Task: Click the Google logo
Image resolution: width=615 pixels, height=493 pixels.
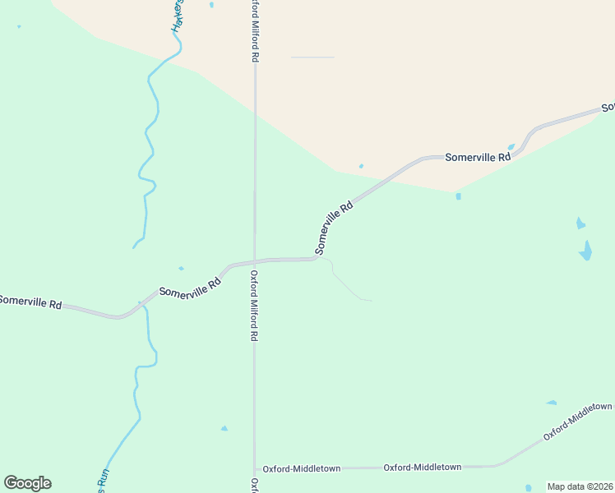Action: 28,483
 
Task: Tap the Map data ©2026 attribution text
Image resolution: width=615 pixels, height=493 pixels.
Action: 580,486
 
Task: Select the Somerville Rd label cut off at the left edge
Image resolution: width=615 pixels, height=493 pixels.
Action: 30,302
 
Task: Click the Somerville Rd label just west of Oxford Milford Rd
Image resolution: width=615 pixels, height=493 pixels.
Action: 191,287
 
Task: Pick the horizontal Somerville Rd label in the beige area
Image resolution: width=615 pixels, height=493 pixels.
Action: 472,156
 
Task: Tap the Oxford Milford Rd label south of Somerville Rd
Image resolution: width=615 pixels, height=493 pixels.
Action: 254,306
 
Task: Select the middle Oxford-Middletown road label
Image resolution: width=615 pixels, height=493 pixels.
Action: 423,467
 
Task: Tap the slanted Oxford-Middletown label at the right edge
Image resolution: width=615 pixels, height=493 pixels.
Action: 578,422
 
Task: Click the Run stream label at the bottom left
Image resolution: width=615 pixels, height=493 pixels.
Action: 103,480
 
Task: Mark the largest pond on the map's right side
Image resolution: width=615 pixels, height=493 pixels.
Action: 585,251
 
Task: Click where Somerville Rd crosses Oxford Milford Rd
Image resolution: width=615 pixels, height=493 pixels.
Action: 254,261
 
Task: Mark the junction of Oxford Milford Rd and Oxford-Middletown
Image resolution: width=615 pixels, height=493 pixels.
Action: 254,468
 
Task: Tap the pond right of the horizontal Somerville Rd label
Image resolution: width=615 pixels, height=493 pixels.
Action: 511,148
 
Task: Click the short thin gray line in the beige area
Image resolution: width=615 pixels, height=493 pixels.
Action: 312,58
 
